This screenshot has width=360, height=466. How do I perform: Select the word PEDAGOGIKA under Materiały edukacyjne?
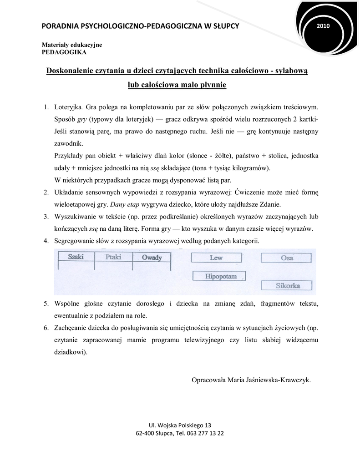coord(64,52)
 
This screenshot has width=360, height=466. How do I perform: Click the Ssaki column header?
coord(76,258)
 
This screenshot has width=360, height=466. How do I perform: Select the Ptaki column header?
coord(113,258)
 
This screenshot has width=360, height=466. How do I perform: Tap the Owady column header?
coord(152,258)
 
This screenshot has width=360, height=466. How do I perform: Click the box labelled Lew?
coord(216,258)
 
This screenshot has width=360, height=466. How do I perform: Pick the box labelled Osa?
coord(287,258)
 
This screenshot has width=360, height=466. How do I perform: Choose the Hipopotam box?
coord(219,276)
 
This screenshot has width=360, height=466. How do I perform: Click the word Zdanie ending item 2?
coord(270,204)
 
